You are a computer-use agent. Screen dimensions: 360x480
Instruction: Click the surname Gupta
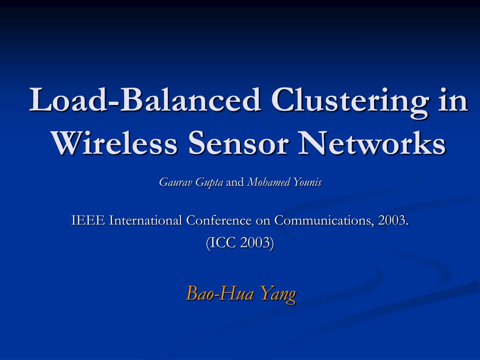tap(209, 183)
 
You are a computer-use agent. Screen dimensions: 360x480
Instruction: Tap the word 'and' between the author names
tap(235, 182)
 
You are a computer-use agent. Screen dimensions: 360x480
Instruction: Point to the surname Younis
tap(307, 182)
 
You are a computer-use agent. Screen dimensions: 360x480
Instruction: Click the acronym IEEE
tap(89, 220)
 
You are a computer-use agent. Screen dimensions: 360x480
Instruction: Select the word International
tap(146, 220)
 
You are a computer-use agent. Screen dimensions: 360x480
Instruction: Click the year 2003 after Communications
tap(393, 220)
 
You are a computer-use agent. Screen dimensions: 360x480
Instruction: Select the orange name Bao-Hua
tap(220, 293)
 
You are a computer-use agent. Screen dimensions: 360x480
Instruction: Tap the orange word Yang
tap(278, 294)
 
